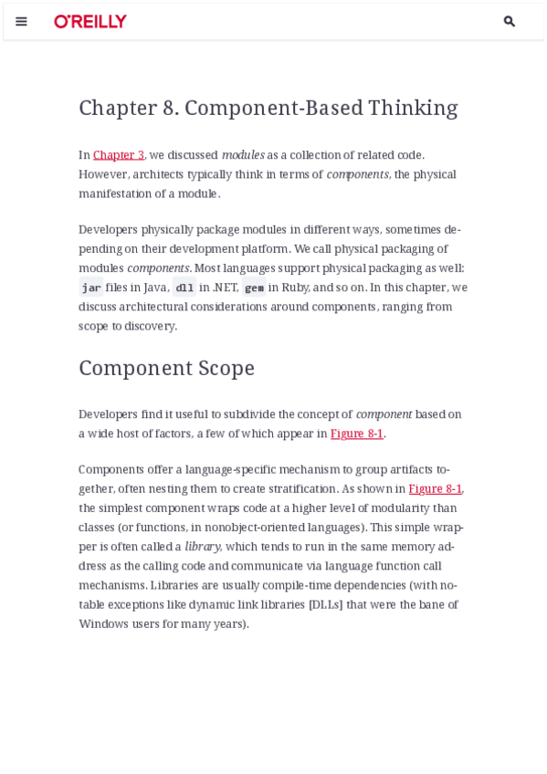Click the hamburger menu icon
coord(21,21)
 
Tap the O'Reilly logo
coord(90,21)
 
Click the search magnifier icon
coord(510,21)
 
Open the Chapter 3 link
coord(119,155)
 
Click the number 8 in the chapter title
coord(170,108)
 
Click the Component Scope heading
coord(166,368)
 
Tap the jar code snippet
coord(91,288)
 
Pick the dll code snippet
coord(184,288)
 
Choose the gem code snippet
coord(254,288)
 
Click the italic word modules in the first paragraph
coord(243,155)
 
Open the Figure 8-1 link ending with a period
coord(357,434)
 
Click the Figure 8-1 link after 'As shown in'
coord(435,489)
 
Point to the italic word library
coord(202,547)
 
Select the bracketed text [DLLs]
coord(326,604)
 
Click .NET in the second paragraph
coord(225,288)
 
